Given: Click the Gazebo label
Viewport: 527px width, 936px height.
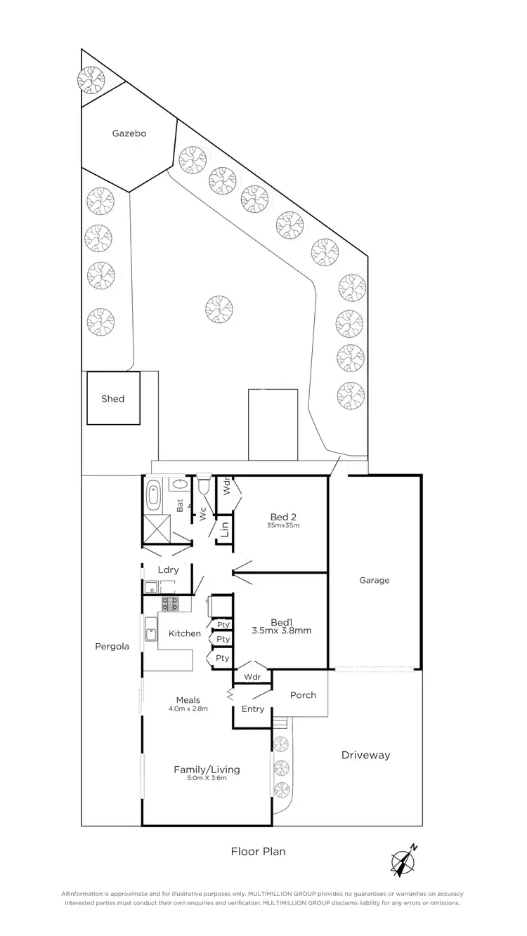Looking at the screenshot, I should pyautogui.click(x=129, y=133).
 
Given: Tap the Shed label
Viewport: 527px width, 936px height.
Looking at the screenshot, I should pyautogui.click(x=112, y=399).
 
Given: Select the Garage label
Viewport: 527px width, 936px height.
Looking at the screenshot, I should pyautogui.click(x=374, y=581).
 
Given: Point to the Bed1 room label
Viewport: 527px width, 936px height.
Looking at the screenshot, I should pyautogui.click(x=280, y=621).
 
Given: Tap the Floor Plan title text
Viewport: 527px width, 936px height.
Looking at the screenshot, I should pyautogui.click(x=259, y=852).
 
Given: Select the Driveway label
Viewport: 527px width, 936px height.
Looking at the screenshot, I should pyautogui.click(x=365, y=756).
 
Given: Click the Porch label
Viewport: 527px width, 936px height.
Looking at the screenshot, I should pyautogui.click(x=303, y=695).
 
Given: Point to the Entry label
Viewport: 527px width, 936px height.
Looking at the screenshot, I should pyautogui.click(x=252, y=709).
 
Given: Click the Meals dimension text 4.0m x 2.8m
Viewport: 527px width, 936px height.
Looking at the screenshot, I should pyautogui.click(x=188, y=709).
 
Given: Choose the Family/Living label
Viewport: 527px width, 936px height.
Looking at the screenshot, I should pyautogui.click(x=207, y=770).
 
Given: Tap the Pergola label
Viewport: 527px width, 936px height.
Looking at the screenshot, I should pyautogui.click(x=112, y=647).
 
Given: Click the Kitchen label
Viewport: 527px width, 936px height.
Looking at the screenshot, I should pyautogui.click(x=184, y=633).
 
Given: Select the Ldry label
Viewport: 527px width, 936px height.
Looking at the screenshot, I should pyautogui.click(x=168, y=570).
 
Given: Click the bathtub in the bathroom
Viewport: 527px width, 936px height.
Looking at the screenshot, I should pyautogui.click(x=153, y=496).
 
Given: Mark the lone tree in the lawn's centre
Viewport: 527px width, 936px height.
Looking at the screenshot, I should pyautogui.click(x=219, y=308).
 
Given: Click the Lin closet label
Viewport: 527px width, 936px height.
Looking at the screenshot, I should pyautogui.click(x=225, y=530).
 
